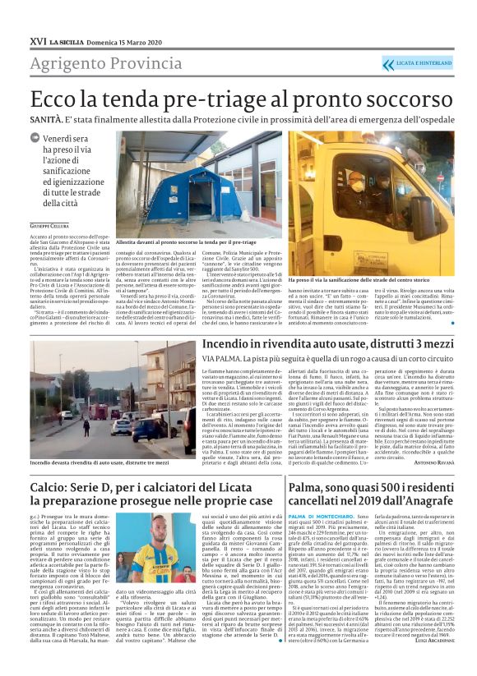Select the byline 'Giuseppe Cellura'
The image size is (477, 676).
(50, 224)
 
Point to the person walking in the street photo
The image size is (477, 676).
(86, 427)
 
